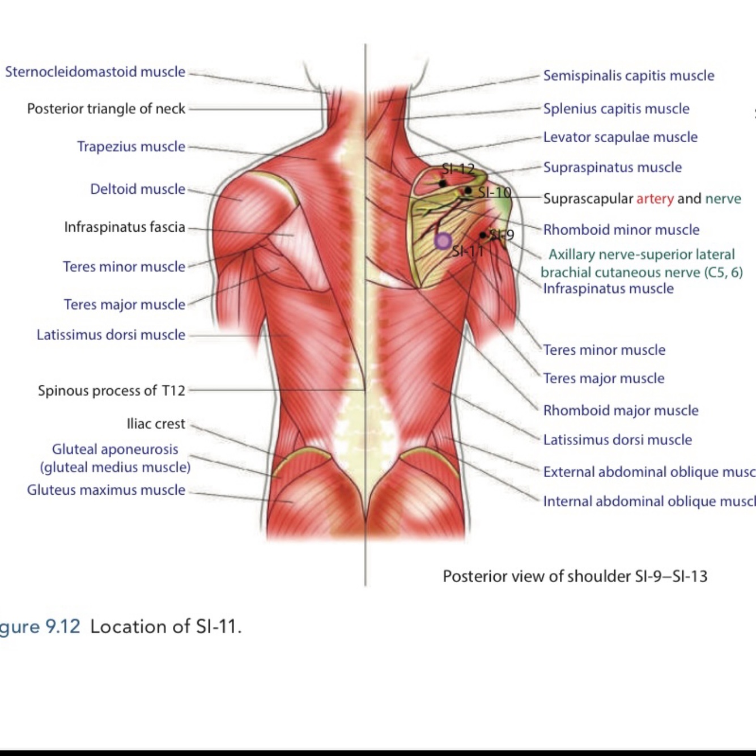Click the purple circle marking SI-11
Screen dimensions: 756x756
443,241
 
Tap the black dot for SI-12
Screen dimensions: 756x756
443,184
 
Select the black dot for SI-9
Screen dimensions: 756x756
483,235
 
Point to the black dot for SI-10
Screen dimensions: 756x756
468,191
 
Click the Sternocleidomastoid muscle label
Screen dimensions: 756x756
95,72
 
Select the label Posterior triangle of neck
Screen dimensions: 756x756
106,109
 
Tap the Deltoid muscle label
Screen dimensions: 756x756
138,189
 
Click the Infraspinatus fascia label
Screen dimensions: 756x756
125,227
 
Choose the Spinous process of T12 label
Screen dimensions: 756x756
112,390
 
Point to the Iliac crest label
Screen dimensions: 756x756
156,424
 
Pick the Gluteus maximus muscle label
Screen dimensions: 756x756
106,490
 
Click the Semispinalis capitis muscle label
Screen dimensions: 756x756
628,76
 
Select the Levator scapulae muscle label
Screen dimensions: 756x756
620,137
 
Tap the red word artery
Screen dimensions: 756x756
655,199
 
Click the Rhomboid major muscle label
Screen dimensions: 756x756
621,411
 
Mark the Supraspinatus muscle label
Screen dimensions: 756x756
612,168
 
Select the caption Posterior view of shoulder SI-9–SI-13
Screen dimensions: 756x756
575,576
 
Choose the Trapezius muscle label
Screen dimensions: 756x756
131,147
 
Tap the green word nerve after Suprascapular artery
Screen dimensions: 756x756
723,199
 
